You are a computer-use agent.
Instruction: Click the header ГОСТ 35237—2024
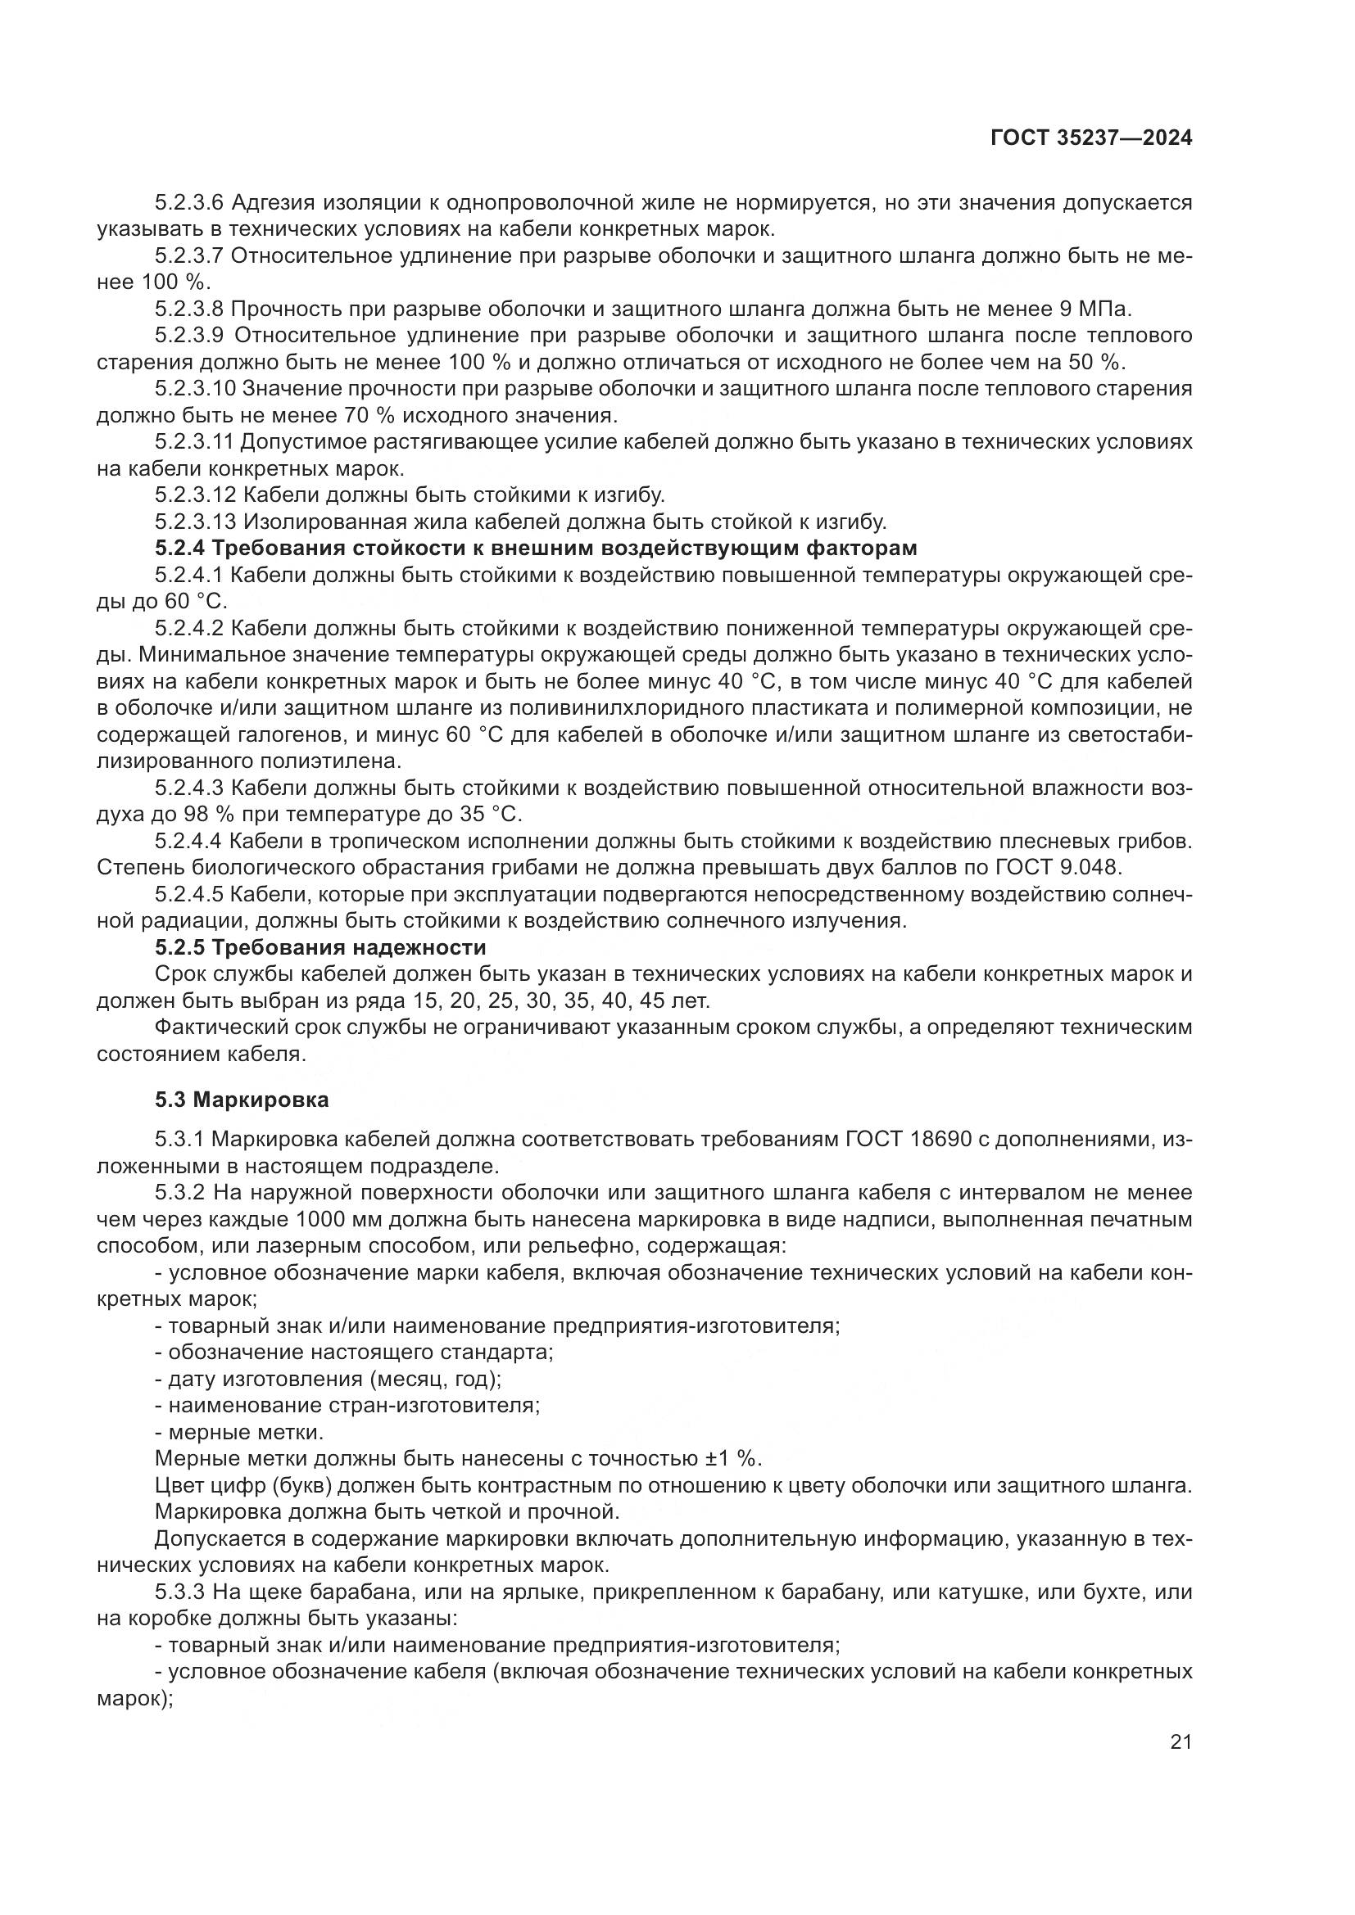pyautogui.click(x=1091, y=138)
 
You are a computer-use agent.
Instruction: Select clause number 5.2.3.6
pyautogui.click(x=189, y=203)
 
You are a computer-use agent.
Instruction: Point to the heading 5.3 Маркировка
pyautogui.click(x=242, y=1100)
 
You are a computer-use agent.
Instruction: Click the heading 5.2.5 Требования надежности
pyautogui.click(x=320, y=947)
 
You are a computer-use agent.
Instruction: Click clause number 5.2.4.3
pyautogui.click(x=189, y=788)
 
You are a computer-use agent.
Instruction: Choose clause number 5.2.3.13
pyautogui.click(x=195, y=522)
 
